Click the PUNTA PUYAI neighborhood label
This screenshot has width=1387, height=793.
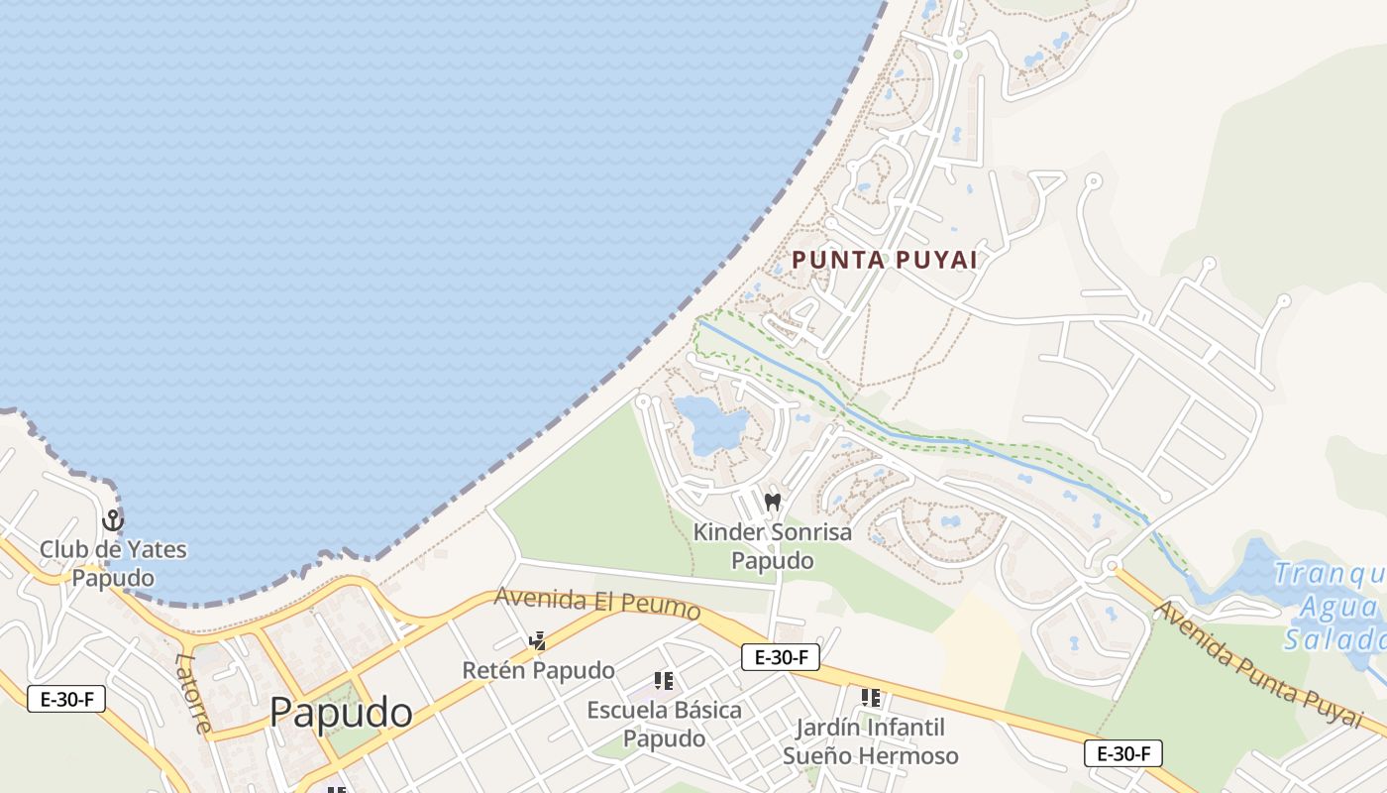(x=884, y=260)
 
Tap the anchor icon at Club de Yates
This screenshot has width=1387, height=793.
(x=113, y=519)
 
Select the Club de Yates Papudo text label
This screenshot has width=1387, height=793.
(x=113, y=563)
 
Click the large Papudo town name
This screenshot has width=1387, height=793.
(x=340, y=713)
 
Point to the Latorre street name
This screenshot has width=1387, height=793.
(x=194, y=692)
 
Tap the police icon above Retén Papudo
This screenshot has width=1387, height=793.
(x=538, y=641)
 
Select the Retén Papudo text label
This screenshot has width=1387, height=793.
(x=538, y=671)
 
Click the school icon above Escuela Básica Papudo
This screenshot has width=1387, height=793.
(x=664, y=681)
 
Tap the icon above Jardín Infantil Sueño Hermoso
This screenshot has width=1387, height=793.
(x=871, y=698)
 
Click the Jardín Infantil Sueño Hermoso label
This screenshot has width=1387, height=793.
(x=871, y=741)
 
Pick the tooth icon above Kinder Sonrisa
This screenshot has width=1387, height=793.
(x=773, y=502)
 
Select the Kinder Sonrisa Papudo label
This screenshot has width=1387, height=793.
(x=772, y=546)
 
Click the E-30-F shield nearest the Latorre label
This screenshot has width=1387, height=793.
(x=66, y=698)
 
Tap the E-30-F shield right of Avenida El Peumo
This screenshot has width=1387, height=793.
(x=780, y=656)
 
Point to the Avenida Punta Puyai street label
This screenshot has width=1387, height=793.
(x=1258, y=663)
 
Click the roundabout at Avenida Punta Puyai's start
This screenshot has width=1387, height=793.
(x=1113, y=567)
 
